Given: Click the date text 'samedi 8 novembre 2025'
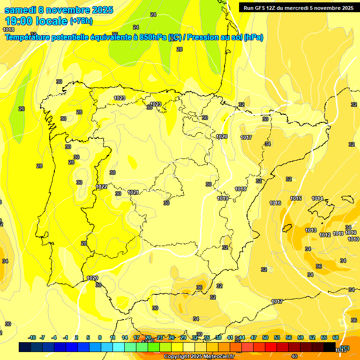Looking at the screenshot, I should [x=59, y=10].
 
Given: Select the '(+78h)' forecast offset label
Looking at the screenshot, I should [x=81, y=21].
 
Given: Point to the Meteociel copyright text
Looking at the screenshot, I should [x=199, y=356].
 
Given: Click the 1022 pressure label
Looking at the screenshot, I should [x=101, y=187].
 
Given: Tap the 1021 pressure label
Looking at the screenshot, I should [x=133, y=192].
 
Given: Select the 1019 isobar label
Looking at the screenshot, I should [x=223, y=198].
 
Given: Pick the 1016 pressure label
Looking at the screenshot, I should [x=275, y=203].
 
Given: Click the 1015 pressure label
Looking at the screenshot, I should [x=296, y=198].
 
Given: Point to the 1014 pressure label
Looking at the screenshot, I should [x=317, y=198].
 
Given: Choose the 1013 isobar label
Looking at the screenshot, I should [x=311, y=230].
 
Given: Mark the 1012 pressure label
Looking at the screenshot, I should [x=325, y=235].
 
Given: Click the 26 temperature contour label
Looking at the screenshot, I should [x=21, y=109].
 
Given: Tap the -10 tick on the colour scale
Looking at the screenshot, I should [x=32, y=337].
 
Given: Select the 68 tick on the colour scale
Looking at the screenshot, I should [x=336, y=337].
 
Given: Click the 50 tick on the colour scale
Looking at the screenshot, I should [x=265, y=337].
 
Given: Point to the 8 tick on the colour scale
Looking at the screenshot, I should [x=100, y=337].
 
